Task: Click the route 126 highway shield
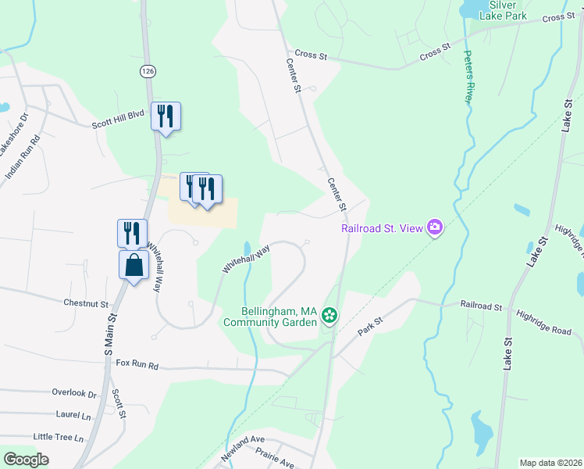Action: pos(147,71)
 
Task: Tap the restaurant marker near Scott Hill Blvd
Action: pos(166,116)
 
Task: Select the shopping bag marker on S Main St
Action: pos(134,264)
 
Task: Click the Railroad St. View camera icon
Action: pos(435,228)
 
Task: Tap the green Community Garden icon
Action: pos(329,316)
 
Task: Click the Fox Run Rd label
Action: pos(137,364)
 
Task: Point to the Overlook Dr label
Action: pos(73,394)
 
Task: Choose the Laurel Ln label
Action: pos(74,414)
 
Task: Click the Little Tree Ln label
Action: pos(58,438)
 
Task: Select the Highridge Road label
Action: pos(549,331)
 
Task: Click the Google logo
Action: pos(26,460)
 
